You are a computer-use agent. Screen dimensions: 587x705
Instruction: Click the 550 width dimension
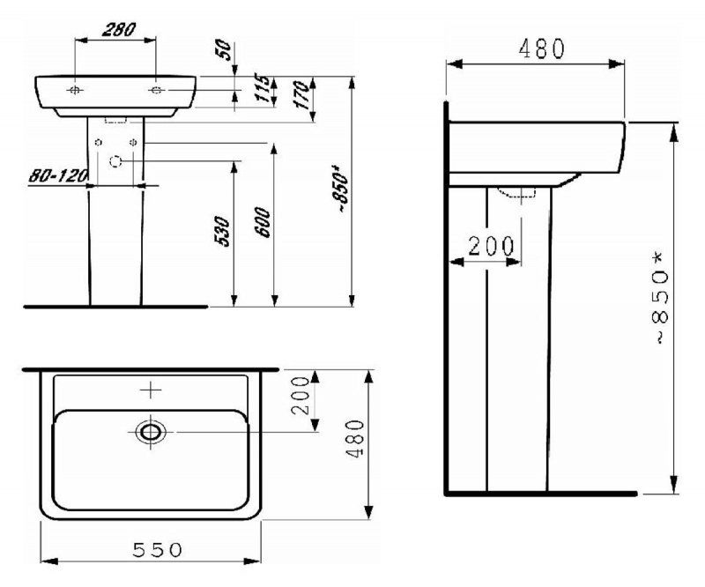(x=158, y=549)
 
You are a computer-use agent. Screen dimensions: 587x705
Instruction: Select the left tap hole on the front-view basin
(x=77, y=91)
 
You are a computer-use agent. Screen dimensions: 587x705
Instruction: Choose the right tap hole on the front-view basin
(x=155, y=90)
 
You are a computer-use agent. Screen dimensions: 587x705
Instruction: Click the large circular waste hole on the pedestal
(x=115, y=161)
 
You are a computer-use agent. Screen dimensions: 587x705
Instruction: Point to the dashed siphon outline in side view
(x=517, y=192)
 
